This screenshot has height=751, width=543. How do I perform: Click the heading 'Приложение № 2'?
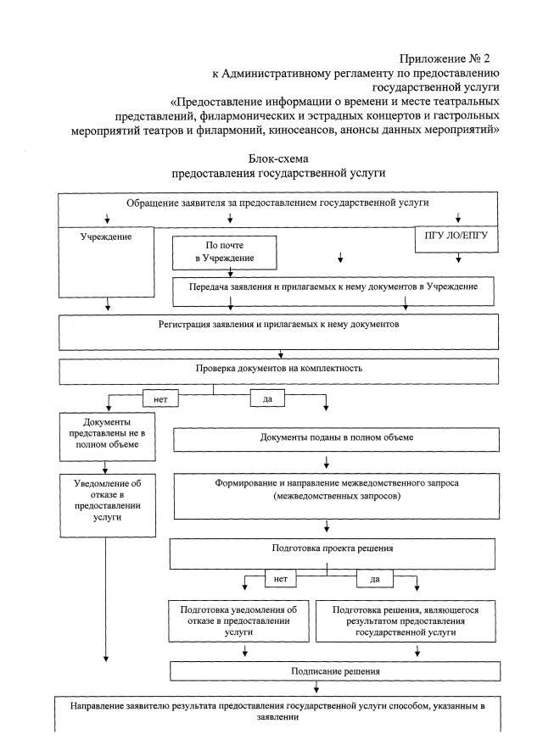pos(446,58)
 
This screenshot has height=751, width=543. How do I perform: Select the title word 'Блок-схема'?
pos(279,159)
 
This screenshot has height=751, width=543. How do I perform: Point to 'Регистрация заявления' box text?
pos(278,325)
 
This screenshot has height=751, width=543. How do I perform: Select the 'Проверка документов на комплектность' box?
pos(278,369)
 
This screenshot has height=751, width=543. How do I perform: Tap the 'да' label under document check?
pos(266,397)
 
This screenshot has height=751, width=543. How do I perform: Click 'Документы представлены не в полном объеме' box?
pos(107,433)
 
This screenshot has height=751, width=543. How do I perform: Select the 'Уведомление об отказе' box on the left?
pos(107,502)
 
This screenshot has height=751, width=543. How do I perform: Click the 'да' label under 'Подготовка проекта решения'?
pos(374,580)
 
